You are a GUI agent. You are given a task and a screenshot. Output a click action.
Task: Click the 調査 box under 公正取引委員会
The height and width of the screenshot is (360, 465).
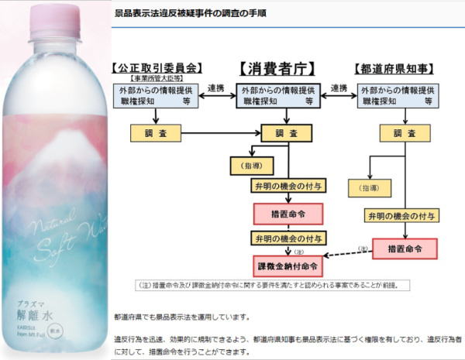(157, 134)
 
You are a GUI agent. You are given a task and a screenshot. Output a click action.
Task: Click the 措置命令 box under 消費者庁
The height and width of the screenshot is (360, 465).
(288, 213)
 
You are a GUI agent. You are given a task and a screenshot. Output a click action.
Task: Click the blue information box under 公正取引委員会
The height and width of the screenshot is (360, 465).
(157, 94)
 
